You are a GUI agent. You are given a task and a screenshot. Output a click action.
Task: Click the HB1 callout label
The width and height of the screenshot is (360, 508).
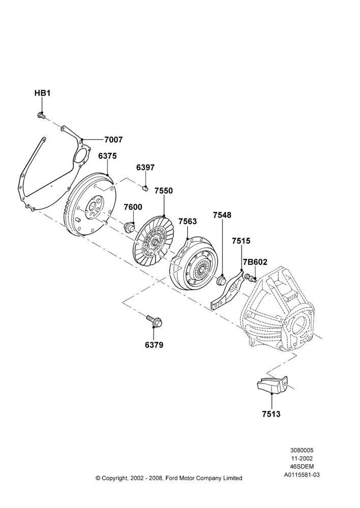click(43, 93)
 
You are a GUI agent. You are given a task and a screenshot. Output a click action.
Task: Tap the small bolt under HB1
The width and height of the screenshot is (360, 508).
click(42, 115)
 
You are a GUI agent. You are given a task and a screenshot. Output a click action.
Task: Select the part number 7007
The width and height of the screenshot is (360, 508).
click(113, 140)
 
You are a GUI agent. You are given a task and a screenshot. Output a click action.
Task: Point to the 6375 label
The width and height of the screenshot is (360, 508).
click(107, 156)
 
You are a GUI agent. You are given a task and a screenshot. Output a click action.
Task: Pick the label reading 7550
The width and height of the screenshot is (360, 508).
click(163, 191)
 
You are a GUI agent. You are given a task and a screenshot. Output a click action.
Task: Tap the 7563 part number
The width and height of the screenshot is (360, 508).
click(188, 221)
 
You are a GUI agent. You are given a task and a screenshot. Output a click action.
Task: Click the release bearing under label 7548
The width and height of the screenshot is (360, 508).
click(222, 279)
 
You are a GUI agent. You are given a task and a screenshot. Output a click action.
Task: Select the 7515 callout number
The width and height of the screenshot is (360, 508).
click(241, 241)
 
